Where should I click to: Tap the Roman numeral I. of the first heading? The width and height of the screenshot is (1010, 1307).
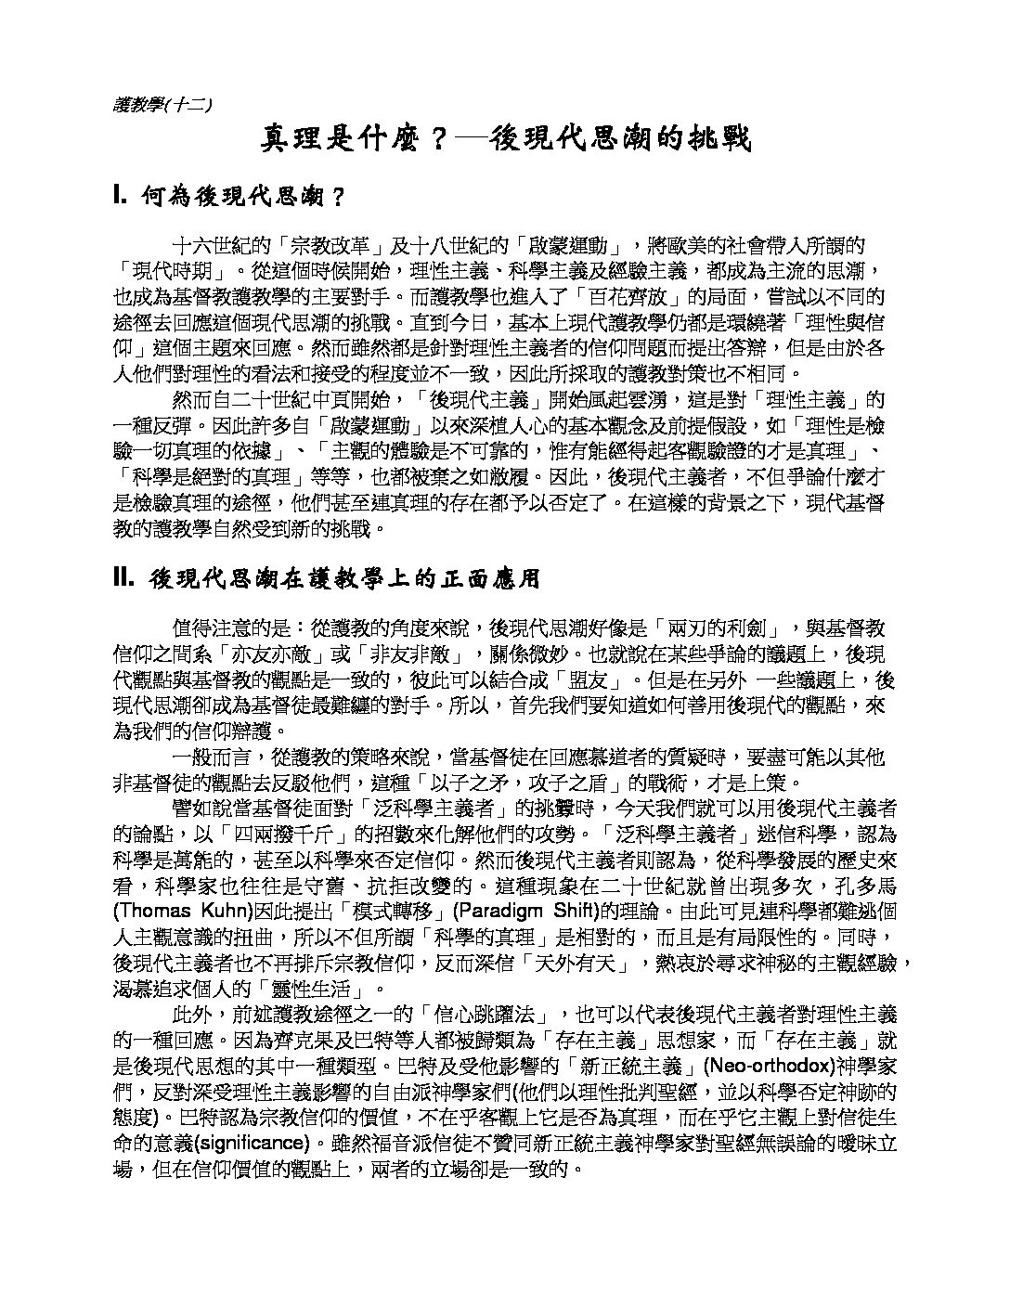(x=120, y=196)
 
